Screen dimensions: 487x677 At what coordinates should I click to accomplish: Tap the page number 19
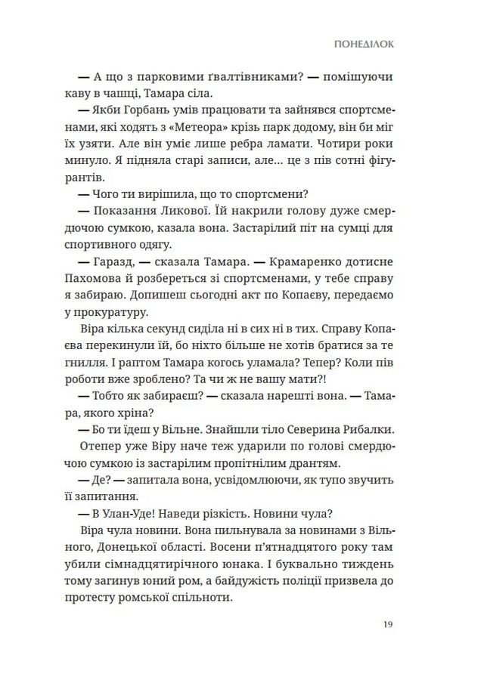388,624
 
